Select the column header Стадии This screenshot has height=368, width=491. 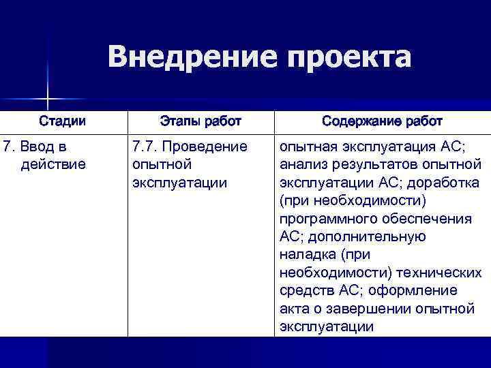62,121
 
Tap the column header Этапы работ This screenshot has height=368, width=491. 200,121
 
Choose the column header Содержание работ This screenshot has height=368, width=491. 382,121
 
